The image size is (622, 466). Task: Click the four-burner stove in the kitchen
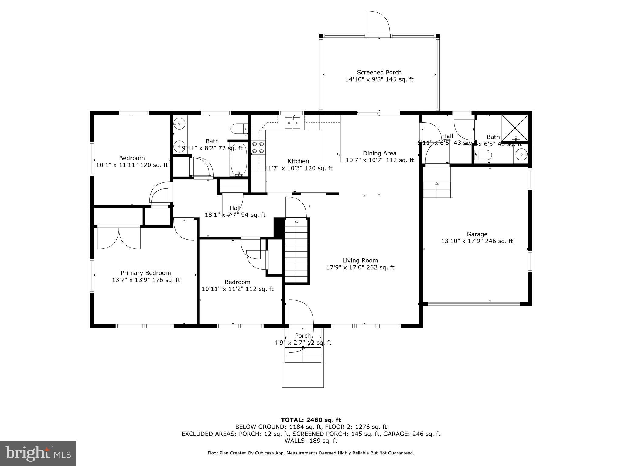coord(258,147)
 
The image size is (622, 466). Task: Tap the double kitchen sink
coord(293,123)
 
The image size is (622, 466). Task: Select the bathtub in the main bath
coord(239,160)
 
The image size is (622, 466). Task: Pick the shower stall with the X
coord(515,128)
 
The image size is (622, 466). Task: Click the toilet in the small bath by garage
coord(483,155)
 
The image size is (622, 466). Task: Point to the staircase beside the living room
coord(296,251)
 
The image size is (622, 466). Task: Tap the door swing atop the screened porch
coord(378,24)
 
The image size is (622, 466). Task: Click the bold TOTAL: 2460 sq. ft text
coord(311,420)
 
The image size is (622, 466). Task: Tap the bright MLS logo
coord(38,453)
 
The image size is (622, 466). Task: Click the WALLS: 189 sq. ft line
coord(311,441)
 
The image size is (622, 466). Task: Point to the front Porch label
coord(303,336)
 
